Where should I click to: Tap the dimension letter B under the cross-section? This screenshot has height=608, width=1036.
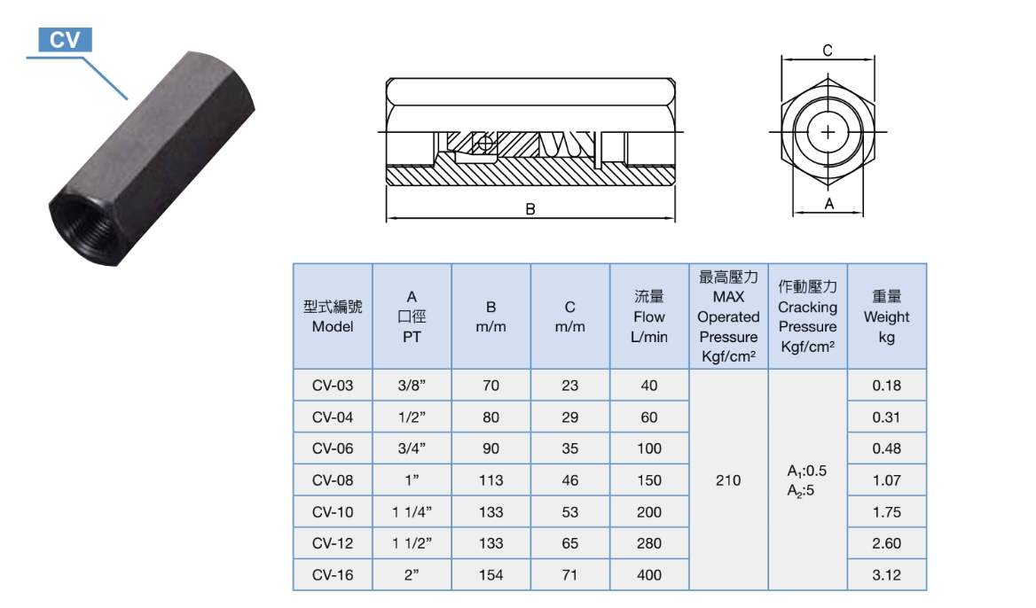coord(530,210)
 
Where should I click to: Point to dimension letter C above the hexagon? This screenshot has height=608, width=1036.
coord(827,51)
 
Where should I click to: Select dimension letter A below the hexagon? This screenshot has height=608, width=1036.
coord(828,204)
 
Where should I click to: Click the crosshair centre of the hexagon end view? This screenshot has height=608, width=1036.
coord(828,133)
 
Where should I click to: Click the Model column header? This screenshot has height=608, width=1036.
coord(333,316)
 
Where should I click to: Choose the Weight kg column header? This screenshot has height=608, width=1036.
coord(886,316)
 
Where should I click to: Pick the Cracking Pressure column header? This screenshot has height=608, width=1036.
coord(807,316)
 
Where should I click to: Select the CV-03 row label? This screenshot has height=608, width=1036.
coord(333,386)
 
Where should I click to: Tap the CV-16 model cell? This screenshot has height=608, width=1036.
coord(333,575)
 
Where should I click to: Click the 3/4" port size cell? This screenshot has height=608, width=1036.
coord(412,448)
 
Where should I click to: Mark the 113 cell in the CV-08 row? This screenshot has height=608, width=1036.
coord(491,480)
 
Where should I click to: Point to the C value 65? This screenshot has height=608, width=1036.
coord(569,543)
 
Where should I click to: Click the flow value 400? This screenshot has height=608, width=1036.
coord(649,575)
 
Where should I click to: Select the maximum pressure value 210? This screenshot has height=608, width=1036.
coord(728,480)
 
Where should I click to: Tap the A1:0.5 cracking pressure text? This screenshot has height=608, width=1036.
coord(807,472)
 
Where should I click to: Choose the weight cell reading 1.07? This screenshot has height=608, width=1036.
coord(886,480)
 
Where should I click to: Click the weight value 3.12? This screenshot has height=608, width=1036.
coord(886,575)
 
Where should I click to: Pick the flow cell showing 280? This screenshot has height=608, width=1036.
coord(649,543)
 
